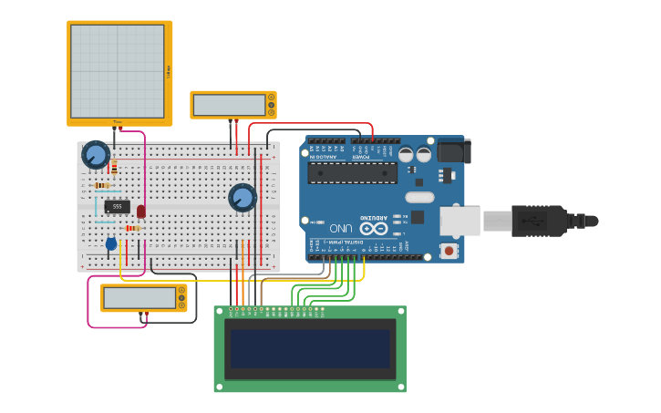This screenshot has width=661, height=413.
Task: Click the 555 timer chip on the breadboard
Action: point(117,206)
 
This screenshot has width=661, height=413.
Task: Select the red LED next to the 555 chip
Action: point(140,212)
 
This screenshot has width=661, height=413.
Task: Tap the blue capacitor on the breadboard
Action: point(111,243)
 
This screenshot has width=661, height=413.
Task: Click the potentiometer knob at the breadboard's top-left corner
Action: point(95,154)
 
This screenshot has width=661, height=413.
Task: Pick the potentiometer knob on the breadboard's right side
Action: point(243,197)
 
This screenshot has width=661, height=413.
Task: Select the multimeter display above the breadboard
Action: point(228,105)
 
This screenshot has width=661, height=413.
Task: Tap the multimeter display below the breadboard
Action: point(139,297)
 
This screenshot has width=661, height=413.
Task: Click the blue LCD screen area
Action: point(310,348)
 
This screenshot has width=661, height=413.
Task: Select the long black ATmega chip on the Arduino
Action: point(352,173)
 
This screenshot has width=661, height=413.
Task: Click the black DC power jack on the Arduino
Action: point(453,150)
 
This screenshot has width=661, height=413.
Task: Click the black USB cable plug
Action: point(542,221)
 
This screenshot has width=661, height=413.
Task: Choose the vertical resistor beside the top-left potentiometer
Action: point(114,166)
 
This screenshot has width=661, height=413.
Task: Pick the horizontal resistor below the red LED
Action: point(132,228)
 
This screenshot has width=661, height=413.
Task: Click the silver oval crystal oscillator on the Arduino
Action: point(419,197)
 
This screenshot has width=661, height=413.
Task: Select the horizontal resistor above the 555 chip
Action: point(102,185)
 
